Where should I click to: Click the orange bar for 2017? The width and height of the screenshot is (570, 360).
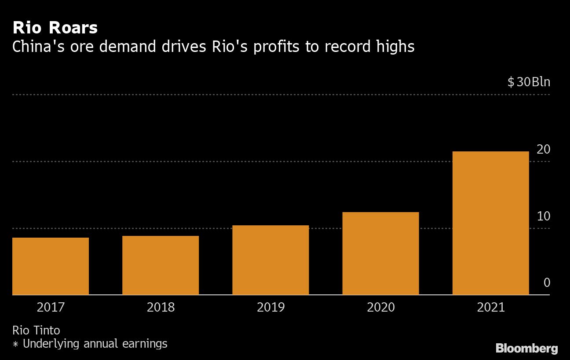51,266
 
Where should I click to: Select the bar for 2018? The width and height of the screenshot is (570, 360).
161,265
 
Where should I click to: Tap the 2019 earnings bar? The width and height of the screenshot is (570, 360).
270,260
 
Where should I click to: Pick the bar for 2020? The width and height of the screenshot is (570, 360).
380,253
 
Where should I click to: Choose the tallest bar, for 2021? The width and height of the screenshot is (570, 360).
490,223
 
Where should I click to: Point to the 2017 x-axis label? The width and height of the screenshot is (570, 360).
51,307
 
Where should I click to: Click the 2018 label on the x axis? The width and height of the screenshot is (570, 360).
161,307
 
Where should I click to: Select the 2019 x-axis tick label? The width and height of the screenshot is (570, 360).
270,307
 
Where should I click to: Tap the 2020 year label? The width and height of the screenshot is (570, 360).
380,307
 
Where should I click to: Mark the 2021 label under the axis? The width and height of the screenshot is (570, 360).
490,307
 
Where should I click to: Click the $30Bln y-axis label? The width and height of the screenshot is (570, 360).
529,82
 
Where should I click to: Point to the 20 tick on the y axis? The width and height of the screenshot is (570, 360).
543,150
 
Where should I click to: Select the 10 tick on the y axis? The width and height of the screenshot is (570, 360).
543,217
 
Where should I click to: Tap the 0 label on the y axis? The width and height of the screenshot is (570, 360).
547,283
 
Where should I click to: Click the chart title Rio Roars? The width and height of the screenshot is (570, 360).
55,28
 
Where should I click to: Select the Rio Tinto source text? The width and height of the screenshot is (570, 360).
36,330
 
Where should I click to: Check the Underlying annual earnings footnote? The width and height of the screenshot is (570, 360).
95,344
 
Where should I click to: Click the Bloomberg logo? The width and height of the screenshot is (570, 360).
526,349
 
